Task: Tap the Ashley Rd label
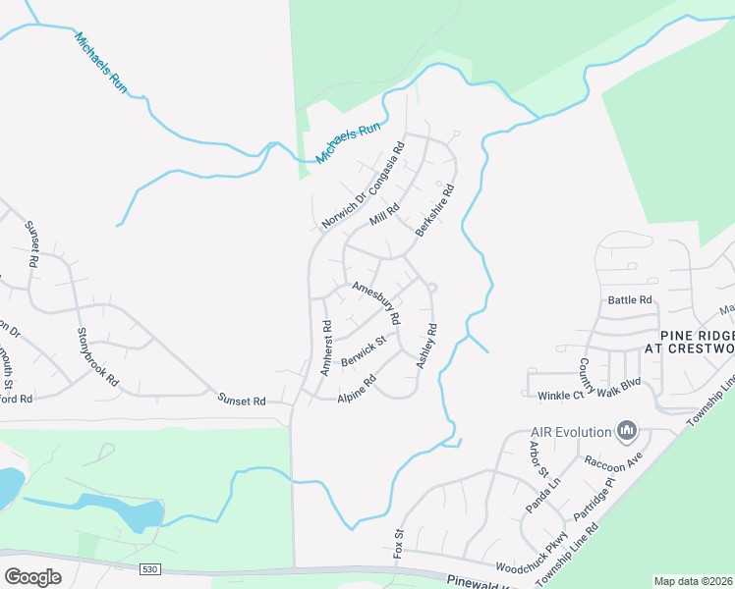click(x=425, y=347)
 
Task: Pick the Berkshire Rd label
click(x=434, y=210)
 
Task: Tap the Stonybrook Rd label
click(x=97, y=354)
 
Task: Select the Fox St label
click(x=400, y=545)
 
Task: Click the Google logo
click(x=32, y=577)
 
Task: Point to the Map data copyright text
click(x=694, y=581)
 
